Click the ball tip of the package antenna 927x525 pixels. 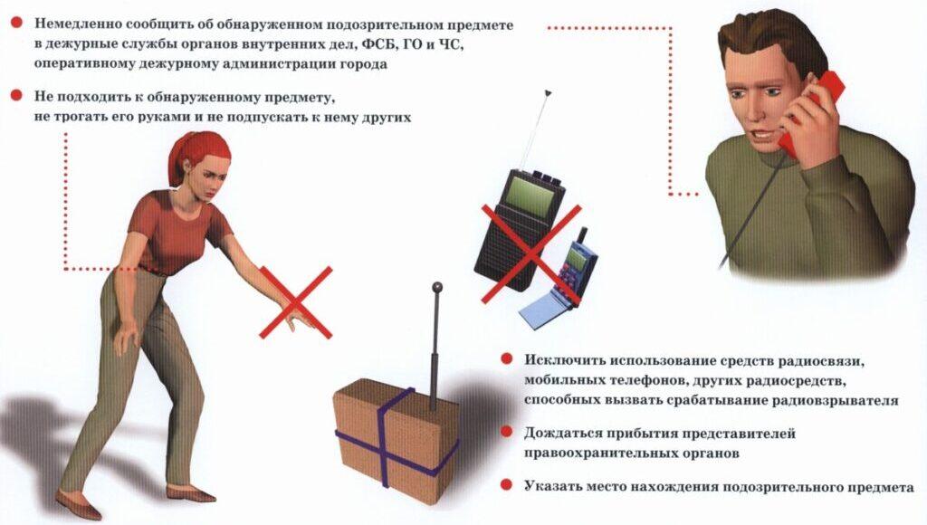point(437,287)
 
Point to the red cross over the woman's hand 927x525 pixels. point(296,302)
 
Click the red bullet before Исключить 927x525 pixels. point(507,359)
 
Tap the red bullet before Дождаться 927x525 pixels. point(507,432)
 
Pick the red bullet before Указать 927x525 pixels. point(507,485)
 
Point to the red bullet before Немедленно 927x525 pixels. point(16,23)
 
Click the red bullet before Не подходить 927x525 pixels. point(16,95)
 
